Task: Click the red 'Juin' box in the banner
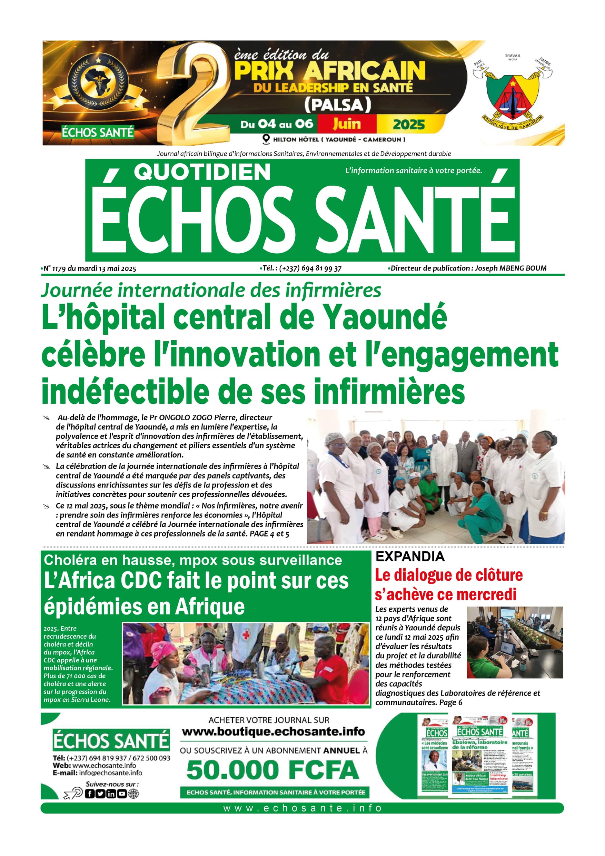coord(347,124)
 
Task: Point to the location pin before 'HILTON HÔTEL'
coord(266,139)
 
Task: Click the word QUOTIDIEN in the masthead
coord(202,172)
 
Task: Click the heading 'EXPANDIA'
coord(410,557)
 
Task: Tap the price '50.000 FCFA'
coord(273,770)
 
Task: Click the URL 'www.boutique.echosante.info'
coord(273,731)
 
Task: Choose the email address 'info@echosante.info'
coord(110,773)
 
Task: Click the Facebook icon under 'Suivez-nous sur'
coord(90,794)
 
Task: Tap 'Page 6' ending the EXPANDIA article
coord(450,702)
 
